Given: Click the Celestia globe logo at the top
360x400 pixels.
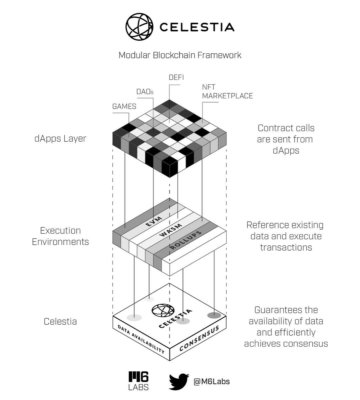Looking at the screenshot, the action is (139, 27).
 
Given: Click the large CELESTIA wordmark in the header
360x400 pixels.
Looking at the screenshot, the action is (197, 27).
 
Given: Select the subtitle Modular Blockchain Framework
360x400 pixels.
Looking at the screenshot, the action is (180, 55).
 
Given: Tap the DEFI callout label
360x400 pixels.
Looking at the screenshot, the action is (176, 77).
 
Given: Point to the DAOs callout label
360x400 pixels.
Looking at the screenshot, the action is (145, 92).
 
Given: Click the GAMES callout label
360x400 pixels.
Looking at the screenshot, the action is (124, 106).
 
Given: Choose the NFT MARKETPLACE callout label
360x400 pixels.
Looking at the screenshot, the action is (228, 92).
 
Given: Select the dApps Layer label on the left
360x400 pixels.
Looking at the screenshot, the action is (60, 139).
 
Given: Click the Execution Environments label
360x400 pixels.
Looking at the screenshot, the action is (60, 236).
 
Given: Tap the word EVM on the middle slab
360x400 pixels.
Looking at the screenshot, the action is (154, 221).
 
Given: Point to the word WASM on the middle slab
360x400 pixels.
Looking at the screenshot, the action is (171, 230).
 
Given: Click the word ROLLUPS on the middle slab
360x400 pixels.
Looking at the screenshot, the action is (186, 240).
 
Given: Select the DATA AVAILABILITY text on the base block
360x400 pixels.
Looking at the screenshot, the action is (141, 339).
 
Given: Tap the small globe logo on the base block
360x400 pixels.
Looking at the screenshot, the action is (163, 310).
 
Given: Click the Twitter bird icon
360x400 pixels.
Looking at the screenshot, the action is (179, 382).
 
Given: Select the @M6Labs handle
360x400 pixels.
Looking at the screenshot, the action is (212, 381).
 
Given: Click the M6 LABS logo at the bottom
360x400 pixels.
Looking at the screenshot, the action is (138, 381).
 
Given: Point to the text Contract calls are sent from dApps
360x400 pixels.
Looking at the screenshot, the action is (286, 139).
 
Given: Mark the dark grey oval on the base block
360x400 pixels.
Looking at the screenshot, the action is (214, 315).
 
